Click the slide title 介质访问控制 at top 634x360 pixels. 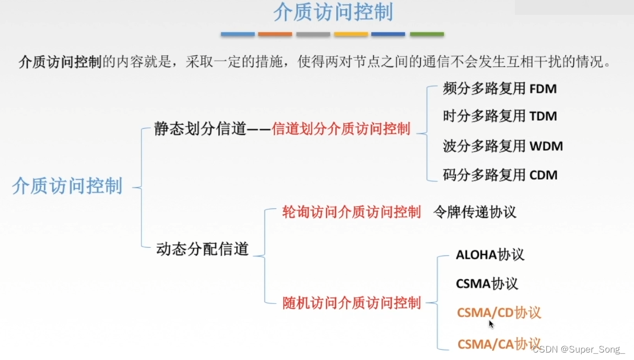click(x=333, y=13)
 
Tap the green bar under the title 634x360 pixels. click(x=427, y=34)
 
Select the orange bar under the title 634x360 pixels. click(x=275, y=34)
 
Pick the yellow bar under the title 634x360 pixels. click(x=351, y=34)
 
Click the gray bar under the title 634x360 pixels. click(x=313, y=34)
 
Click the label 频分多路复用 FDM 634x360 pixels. click(x=499, y=89)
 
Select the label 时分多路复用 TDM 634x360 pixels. click(x=499, y=116)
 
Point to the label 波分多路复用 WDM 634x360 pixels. click(x=502, y=146)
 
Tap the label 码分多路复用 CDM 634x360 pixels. click(x=499, y=175)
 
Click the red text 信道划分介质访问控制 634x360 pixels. click(x=341, y=129)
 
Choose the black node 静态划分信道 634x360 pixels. click(x=200, y=129)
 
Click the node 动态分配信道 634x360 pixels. click(x=202, y=249)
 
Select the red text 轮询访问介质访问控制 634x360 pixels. click(x=352, y=212)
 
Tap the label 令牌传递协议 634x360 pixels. click(x=475, y=212)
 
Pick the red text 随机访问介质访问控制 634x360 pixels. click(x=352, y=303)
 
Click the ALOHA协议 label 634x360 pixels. click(x=490, y=255)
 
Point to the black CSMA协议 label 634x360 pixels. click(x=487, y=283)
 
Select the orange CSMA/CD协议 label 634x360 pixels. click(x=499, y=312)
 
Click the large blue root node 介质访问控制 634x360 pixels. click(x=68, y=186)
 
